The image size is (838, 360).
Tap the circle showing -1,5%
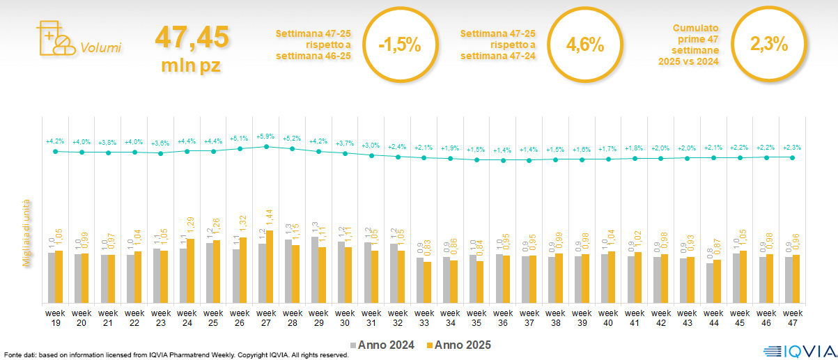tap(399, 46)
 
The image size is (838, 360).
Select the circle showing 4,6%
tap(584, 45)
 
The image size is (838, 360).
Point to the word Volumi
tap(100, 48)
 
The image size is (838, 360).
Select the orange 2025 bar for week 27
tap(270, 267)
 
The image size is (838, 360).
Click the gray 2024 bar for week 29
tap(314, 269)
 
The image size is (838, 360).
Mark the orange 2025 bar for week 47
tap(796, 279)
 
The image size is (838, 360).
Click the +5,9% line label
tap(266, 136)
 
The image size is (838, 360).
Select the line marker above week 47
tap(793, 157)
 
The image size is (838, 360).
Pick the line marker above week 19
tap(55, 150)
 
